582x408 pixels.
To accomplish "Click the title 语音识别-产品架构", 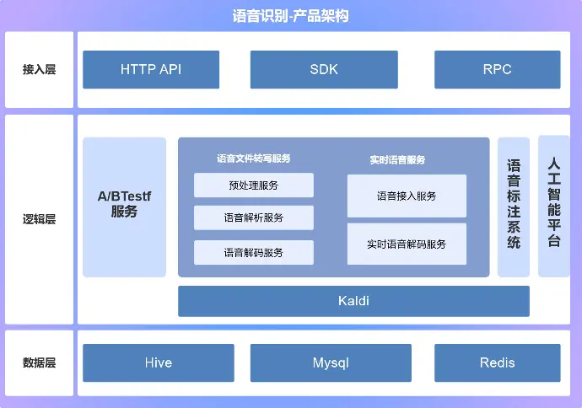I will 290,15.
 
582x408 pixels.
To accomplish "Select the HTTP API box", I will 151,69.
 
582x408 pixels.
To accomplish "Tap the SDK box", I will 324,69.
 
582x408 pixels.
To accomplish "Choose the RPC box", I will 497,69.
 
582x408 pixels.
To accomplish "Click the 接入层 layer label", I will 39,69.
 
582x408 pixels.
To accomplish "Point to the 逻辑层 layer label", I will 39,219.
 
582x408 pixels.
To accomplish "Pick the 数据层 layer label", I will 39,363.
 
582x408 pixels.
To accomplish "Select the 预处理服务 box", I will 254,185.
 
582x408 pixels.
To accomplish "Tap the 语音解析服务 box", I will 254,217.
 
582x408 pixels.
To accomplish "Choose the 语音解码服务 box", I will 254,252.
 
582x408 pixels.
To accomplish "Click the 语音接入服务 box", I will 407,196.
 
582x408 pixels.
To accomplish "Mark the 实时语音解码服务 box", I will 407,244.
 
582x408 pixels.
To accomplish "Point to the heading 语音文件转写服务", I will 253,158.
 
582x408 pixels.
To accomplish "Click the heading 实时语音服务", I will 397,159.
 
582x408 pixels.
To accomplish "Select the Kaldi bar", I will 353,301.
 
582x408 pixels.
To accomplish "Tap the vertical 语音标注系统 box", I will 514,207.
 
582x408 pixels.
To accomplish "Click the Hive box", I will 158,363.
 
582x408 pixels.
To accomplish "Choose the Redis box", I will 497,363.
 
